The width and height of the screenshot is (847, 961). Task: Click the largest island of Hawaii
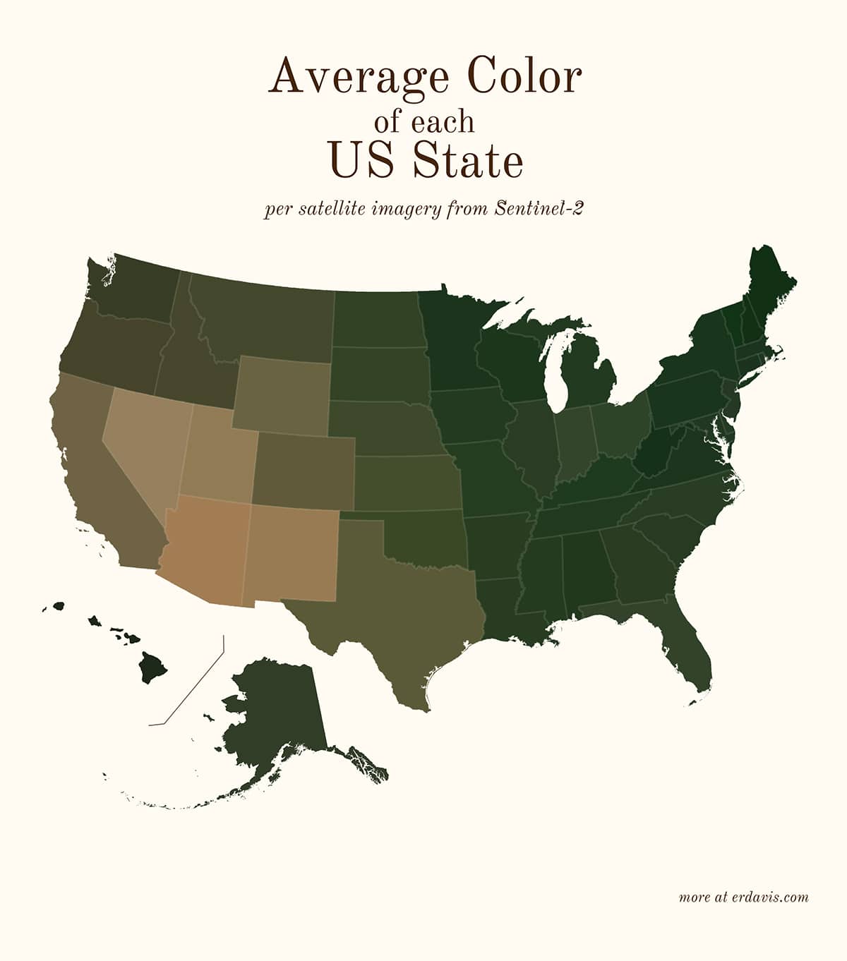[x=152, y=667]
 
